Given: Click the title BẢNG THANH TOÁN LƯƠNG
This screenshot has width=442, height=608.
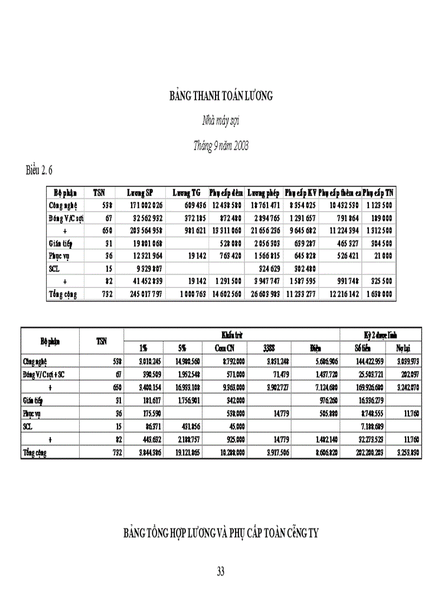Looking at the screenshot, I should tap(221, 96).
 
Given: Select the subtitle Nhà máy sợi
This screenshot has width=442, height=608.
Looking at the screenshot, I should tap(221, 121).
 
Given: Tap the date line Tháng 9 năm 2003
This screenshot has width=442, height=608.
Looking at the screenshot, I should tap(221, 146).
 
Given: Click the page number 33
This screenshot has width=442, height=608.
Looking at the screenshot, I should tap(220, 571).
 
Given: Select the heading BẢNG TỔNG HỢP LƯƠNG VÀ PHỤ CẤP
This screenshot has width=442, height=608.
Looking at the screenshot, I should tap(221, 533).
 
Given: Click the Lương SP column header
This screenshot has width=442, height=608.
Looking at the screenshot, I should tap(140, 193).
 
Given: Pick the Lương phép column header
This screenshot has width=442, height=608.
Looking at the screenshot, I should tap(263, 193).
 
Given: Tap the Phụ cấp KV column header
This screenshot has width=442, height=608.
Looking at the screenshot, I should tap(300, 193).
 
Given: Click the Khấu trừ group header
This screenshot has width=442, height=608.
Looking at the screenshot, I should tap(232, 335).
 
